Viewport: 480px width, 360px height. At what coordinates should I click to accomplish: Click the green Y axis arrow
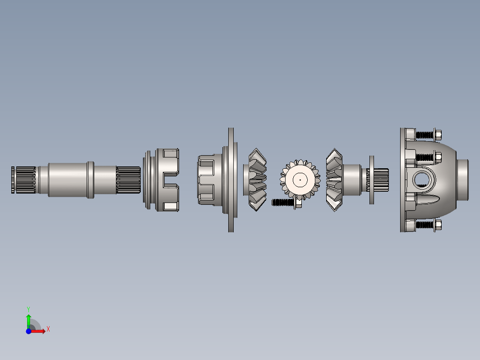tap(28, 321)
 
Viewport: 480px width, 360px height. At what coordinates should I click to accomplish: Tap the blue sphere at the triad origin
tap(28, 331)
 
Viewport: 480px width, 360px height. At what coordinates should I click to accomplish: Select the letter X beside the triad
tap(48, 329)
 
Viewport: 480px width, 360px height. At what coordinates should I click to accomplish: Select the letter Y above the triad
tap(28, 309)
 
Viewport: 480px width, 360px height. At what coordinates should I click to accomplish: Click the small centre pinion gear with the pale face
tap(300, 180)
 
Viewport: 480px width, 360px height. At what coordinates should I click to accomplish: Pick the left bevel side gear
tap(257, 180)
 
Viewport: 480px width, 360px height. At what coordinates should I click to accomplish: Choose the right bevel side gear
tap(334, 180)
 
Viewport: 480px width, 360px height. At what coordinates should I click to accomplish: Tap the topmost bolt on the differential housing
tap(429, 135)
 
